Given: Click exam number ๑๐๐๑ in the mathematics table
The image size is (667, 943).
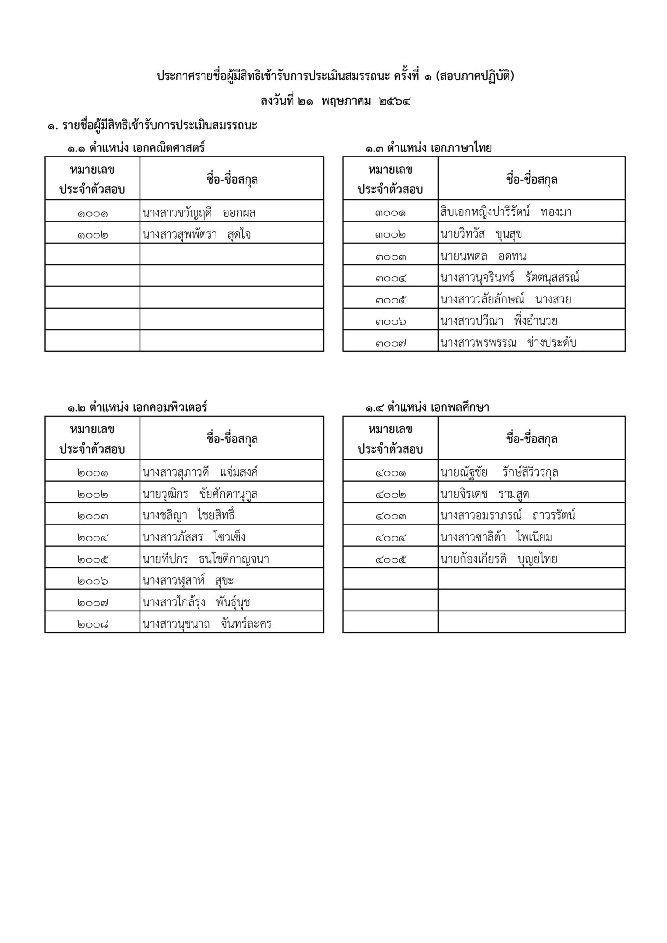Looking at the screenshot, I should pyautogui.click(x=93, y=214).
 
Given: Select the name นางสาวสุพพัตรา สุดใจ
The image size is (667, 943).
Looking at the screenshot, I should pyautogui.click(x=197, y=235).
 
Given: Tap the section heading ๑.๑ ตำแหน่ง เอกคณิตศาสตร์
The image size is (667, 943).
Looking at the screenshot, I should pyautogui.click(x=136, y=148).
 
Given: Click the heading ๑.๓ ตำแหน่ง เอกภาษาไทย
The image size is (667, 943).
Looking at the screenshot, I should pyautogui.click(x=429, y=148).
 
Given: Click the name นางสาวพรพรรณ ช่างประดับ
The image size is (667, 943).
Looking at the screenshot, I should pyautogui.click(x=508, y=343).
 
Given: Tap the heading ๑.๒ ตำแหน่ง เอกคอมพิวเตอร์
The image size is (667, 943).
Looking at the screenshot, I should pyautogui.click(x=137, y=407).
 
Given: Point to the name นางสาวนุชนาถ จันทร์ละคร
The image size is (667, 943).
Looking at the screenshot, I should pyautogui.click(x=207, y=624).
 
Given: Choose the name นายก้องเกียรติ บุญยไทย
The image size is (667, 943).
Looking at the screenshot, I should pyautogui.click(x=499, y=559).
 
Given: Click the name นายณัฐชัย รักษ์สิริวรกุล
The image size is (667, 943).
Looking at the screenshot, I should pyautogui.click(x=499, y=473).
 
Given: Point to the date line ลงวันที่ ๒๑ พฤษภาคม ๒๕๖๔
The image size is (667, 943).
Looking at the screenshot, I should pyautogui.click(x=335, y=100).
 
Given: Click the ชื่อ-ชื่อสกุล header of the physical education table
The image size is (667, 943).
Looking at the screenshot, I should pyautogui.click(x=532, y=439).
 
